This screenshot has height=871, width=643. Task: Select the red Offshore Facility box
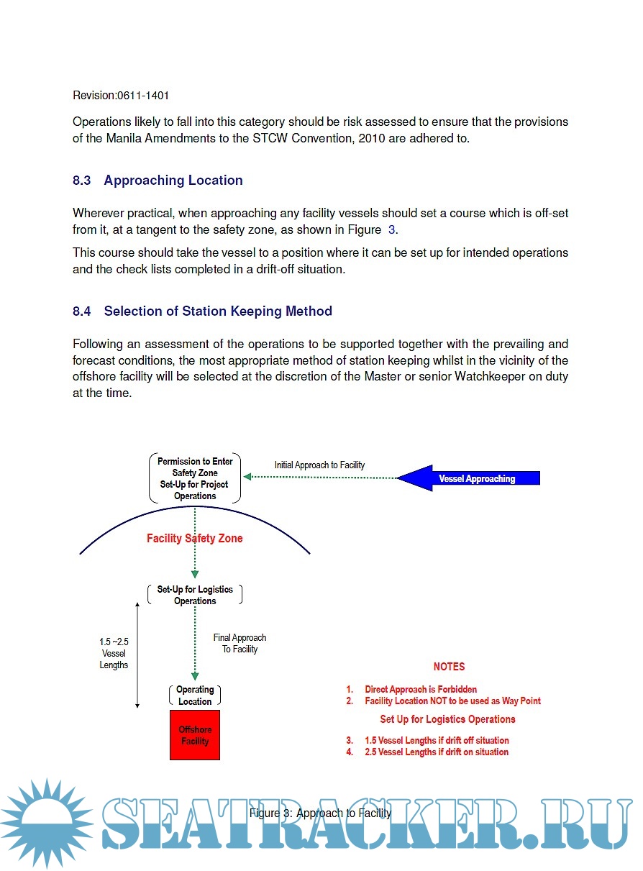pyautogui.click(x=195, y=735)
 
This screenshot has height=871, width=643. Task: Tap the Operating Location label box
pyautogui.click(x=195, y=696)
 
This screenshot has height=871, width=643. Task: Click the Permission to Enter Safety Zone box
pyautogui.click(x=195, y=478)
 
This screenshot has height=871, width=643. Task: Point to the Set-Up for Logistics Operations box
pyautogui.click(x=195, y=595)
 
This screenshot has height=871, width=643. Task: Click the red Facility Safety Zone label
pyautogui.click(x=195, y=538)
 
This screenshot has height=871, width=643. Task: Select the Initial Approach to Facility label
pyautogui.click(x=319, y=465)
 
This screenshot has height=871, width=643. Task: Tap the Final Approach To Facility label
pyautogui.click(x=240, y=643)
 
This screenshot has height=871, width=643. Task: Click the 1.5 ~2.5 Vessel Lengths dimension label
pyautogui.click(x=114, y=653)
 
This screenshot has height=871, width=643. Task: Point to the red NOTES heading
pyautogui.click(x=449, y=667)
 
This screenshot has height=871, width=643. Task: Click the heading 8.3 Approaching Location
pyautogui.click(x=158, y=181)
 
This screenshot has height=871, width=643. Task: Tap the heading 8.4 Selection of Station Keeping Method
pyautogui.click(x=202, y=311)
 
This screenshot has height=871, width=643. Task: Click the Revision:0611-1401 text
pyautogui.click(x=121, y=95)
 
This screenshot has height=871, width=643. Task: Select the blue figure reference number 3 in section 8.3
pyautogui.click(x=391, y=229)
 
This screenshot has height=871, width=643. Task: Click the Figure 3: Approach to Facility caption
pyautogui.click(x=320, y=813)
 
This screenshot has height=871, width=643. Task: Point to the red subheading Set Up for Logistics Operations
pyautogui.click(x=447, y=719)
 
